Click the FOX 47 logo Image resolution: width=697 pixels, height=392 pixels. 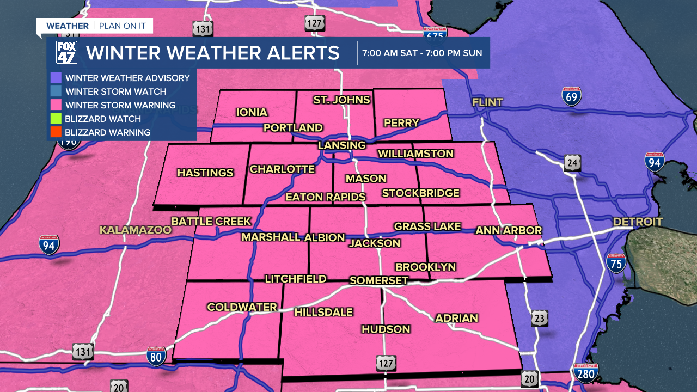[66, 53]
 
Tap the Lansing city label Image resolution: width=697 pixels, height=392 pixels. [342, 145]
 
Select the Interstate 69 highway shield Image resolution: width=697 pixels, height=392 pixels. [571, 96]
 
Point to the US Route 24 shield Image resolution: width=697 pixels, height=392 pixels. [572, 162]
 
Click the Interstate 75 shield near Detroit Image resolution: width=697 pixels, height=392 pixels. [616, 263]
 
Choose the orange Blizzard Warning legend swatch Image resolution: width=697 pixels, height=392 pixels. [56, 132]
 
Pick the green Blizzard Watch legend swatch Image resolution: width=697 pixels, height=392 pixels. [56, 119]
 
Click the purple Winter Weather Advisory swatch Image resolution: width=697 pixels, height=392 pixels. [56, 78]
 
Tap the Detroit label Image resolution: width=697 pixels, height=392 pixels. [637, 222]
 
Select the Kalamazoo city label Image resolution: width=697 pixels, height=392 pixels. [135, 230]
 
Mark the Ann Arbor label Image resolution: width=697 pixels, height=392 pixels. [509, 230]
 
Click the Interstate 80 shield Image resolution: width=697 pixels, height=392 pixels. [156, 357]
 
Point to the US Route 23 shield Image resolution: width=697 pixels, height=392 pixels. [540, 318]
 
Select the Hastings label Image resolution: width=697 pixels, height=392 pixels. [205, 173]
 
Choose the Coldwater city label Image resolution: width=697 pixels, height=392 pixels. [242, 307]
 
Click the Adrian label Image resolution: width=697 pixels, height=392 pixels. [456, 318]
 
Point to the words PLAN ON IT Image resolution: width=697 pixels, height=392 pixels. [123, 26]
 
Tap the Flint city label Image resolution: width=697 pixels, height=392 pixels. [487, 102]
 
